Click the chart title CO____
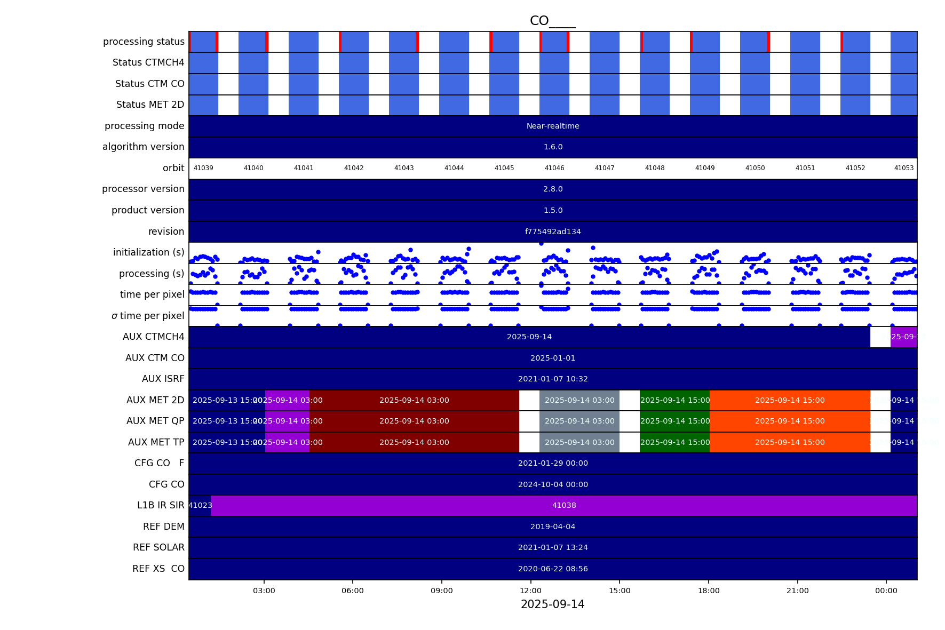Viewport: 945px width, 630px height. pyautogui.click(x=552, y=21)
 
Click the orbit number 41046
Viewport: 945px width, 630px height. pyautogui.click(x=554, y=168)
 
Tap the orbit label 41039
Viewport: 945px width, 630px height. pyautogui.click(x=203, y=168)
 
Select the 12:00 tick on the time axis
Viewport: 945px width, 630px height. pyautogui.click(x=530, y=591)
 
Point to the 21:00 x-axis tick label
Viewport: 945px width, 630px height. pyautogui.click(x=797, y=591)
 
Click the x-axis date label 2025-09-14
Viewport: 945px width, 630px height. pyautogui.click(x=552, y=604)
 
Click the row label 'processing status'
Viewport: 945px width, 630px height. pyautogui.click(x=144, y=42)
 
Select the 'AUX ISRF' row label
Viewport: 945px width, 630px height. pyautogui.click(x=163, y=379)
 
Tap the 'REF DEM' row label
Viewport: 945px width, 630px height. pyautogui.click(x=163, y=527)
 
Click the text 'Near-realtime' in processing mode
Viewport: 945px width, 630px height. pyautogui.click(x=553, y=126)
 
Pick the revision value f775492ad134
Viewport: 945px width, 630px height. pyautogui.click(x=553, y=232)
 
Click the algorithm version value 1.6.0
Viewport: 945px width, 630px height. pyautogui.click(x=553, y=147)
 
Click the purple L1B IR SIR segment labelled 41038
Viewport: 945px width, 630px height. pyautogui.click(x=564, y=505)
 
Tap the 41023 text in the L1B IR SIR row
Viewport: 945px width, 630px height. pyautogui.click(x=200, y=505)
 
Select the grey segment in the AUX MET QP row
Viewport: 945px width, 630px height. pyautogui.click(x=579, y=421)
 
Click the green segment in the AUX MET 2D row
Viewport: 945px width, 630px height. pyautogui.click(x=674, y=400)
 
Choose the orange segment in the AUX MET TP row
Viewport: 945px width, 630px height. pyautogui.click(x=790, y=442)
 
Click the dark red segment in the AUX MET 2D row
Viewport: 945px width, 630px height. pyautogui.click(x=414, y=400)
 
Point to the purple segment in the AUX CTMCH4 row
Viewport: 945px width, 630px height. pyautogui.click(x=903, y=337)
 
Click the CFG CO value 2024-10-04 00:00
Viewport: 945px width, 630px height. pyautogui.click(x=553, y=484)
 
